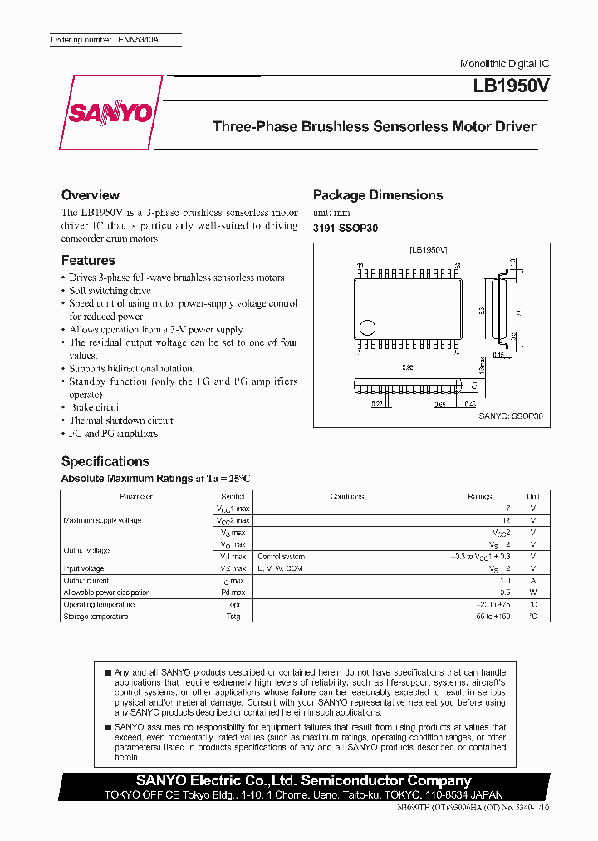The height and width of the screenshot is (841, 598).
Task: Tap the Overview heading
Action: point(91,194)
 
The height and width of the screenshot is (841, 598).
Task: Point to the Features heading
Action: point(88,260)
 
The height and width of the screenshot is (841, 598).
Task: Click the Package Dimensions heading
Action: point(378,194)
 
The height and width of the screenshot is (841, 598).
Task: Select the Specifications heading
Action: point(105,461)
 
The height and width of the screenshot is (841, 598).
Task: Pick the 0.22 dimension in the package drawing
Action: point(377,404)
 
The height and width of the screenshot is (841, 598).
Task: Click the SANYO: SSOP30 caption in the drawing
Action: point(511,416)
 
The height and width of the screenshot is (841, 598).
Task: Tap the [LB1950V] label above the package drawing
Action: point(429,249)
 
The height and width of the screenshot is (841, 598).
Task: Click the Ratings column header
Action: point(479,496)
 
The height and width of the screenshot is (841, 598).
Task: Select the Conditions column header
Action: point(347,496)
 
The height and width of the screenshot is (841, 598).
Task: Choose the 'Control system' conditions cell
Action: point(281,556)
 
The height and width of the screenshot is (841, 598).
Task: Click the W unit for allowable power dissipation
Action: point(533,593)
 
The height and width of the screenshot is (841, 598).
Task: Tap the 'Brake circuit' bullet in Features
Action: point(95,407)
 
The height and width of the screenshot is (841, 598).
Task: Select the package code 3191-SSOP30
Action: point(345,228)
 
